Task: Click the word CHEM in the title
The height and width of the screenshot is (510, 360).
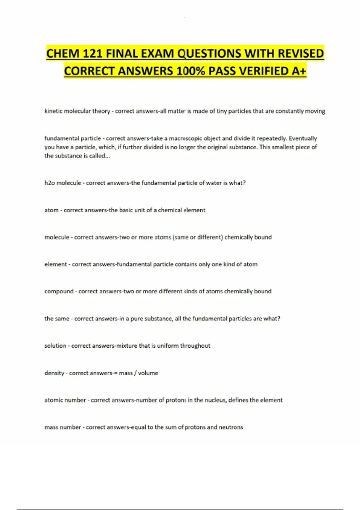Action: (63, 54)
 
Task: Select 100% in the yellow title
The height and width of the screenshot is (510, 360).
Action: (190, 71)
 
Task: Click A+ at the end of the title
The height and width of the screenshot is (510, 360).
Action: (298, 71)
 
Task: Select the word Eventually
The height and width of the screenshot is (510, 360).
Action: (303, 138)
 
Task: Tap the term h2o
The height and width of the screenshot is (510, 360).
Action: (49, 183)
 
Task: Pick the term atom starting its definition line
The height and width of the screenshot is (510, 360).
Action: (51, 210)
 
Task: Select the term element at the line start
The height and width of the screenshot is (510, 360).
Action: (55, 264)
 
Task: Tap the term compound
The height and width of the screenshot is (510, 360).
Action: (59, 291)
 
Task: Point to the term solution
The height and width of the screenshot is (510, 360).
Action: (55, 346)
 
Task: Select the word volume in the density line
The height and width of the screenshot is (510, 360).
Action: (148, 373)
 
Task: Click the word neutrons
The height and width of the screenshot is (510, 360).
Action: (231, 427)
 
